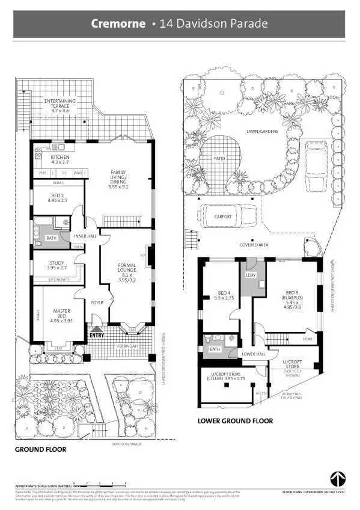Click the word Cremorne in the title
[118, 24]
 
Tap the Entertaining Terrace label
[60, 106]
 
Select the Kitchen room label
[60, 160]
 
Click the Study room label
[56, 265]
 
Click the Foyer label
[97, 303]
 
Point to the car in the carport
[222, 217]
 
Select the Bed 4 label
[225, 295]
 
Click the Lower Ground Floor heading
[235, 421]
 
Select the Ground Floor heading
[40, 449]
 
